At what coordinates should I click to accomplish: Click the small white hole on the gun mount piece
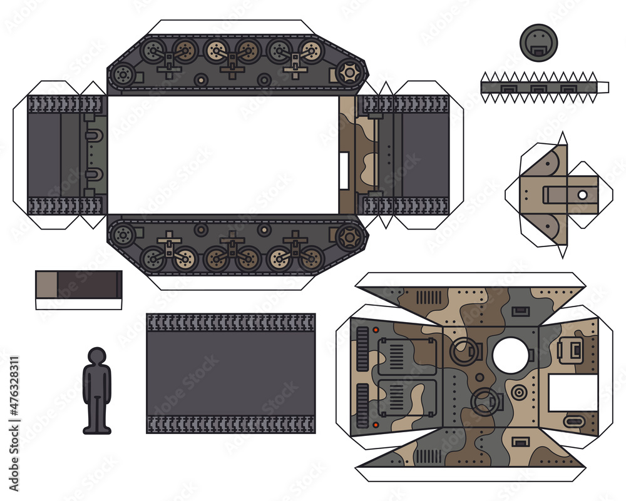[582, 195]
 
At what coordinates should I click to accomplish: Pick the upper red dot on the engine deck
[376, 330]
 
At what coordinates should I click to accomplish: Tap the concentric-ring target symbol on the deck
[518, 393]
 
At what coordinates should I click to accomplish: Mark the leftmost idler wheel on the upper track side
[123, 76]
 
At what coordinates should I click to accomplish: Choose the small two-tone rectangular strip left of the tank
[78, 285]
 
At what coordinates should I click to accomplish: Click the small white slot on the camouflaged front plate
[344, 170]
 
